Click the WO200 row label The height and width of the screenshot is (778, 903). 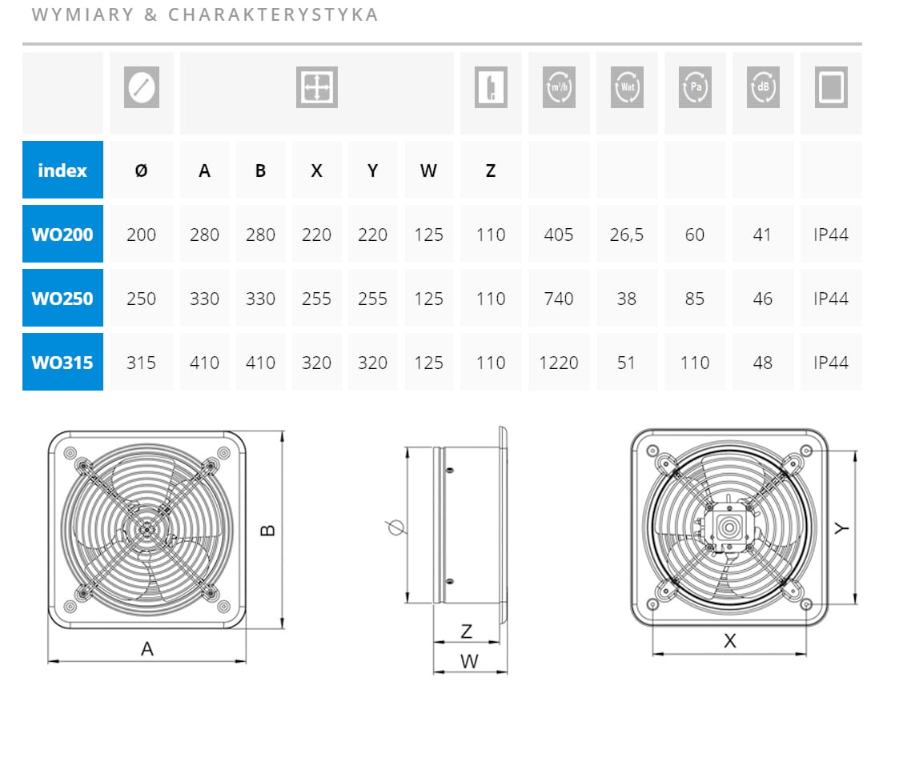62,235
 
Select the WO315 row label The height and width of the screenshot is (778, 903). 62,363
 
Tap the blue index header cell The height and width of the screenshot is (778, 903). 62,170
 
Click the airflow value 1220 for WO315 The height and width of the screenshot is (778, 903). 559,363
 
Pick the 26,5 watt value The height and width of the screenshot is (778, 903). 627,235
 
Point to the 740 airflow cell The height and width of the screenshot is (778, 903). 559,299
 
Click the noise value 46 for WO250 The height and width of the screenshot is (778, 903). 762,299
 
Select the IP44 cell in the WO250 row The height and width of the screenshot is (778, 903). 830,299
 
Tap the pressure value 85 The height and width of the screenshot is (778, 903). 695,299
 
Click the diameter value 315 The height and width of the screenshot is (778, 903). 141,363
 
